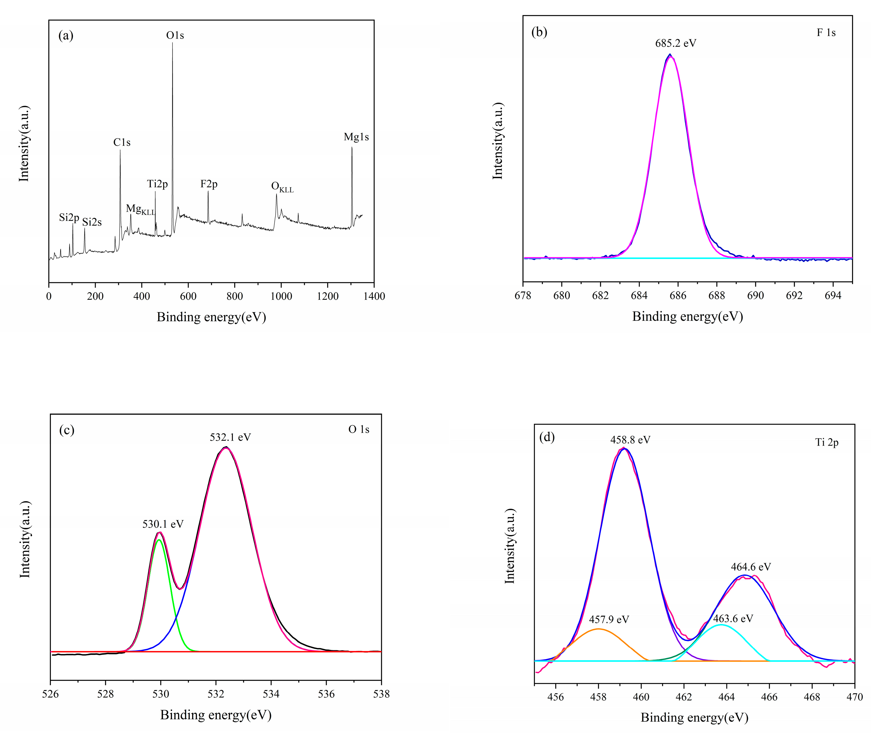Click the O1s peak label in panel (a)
pyautogui.click(x=175, y=35)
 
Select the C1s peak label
pyautogui.click(x=122, y=143)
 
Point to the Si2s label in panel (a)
pyautogui.click(x=92, y=222)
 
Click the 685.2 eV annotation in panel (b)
pyautogui.click(x=676, y=43)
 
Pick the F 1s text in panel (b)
pyautogui.click(x=826, y=33)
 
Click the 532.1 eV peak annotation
pyautogui.click(x=230, y=437)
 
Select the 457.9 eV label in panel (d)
pyautogui.click(x=609, y=620)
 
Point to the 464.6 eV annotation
pyautogui.click(x=751, y=567)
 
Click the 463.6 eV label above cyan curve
pyautogui.click(x=733, y=618)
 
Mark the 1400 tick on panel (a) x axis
pyautogui.click(x=374, y=296)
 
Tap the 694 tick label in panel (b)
pyautogui.click(x=832, y=295)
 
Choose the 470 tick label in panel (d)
pyautogui.click(x=854, y=697)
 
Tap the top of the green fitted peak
pyautogui.click(x=159, y=539)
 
